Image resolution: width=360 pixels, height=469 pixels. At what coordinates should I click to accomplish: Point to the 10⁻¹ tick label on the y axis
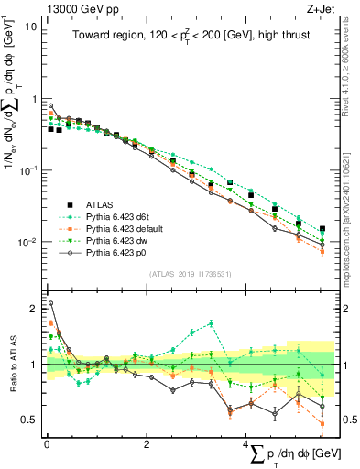click(28, 170)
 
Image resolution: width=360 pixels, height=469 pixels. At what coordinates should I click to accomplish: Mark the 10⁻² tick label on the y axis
click(28, 243)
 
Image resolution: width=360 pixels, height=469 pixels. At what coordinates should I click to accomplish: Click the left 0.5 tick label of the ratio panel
click(29, 420)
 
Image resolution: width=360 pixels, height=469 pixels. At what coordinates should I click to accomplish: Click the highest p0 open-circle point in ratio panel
click(50, 303)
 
